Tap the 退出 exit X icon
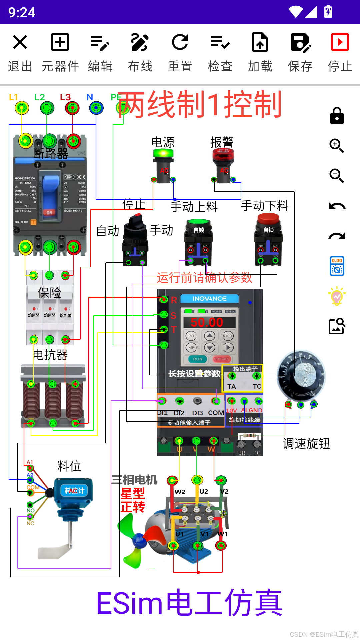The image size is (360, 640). tap(20, 42)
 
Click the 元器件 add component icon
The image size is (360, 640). tap(60, 42)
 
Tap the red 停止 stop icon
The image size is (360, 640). tap(340, 42)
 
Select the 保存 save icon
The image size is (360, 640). tap(300, 42)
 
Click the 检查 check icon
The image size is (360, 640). tap(220, 42)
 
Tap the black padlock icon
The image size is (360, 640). tap(337, 116)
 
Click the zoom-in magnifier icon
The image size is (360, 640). tap(337, 146)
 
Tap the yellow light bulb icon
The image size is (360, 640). tap(337, 296)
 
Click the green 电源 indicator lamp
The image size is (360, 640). tap(163, 154)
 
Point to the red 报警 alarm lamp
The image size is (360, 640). tap(223, 155)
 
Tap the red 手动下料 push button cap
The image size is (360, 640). tap(268, 219)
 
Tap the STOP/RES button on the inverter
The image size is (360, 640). tap(222, 359)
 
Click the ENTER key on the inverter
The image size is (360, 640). tap(226, 336)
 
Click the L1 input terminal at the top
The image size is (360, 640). tap(22, 108)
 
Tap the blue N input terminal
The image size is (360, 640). tap(96, 108)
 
